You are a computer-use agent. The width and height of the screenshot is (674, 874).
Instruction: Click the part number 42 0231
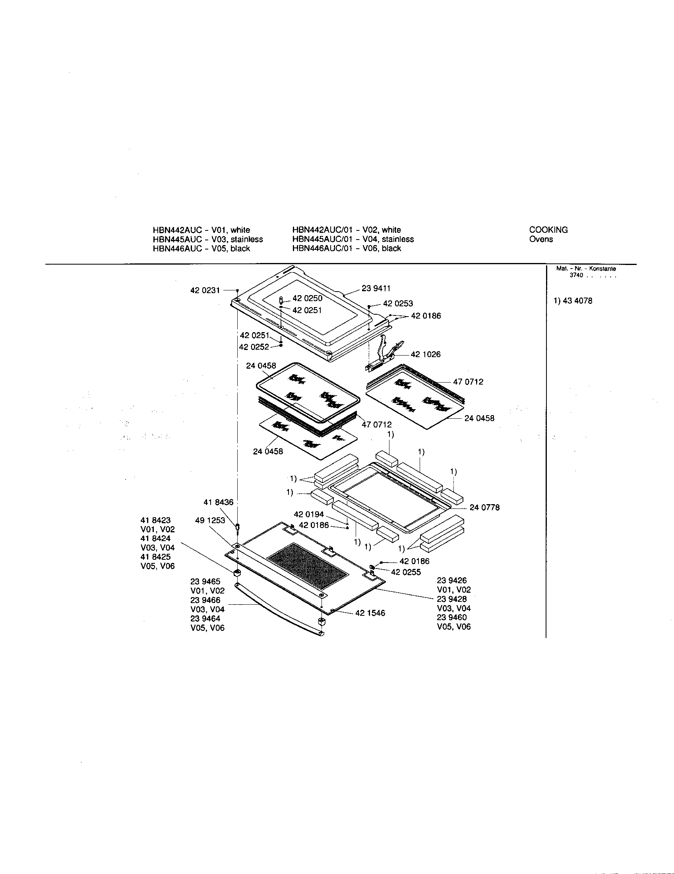pyautogui.click(x=205, y=290)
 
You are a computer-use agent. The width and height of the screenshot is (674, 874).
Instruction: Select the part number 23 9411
pyautogui.click(x=376, y=288)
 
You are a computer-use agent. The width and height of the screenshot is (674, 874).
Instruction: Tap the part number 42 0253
pyautogui.click(x=398, y=304)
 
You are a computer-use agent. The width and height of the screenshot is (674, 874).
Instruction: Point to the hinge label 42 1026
pyautogui.click(x=426, y=354)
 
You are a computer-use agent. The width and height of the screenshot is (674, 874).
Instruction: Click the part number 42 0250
pyautogui.click(x=307, y=298)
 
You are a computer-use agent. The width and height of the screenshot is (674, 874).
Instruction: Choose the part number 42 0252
pyautogui.click(x=254, y=347)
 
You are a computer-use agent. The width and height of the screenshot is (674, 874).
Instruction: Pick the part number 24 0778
pyautogui.click(x=484, y=507)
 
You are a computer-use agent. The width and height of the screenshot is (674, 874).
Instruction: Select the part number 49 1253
pyautogui.click(x=210, y=520)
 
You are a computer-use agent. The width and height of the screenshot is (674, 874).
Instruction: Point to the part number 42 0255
pyautogui.click(x=406, y=572)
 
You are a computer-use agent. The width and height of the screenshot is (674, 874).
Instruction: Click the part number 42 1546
pyautogui.click(x=370, y=613)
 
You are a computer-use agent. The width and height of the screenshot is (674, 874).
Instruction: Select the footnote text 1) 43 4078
pyautogui.click(x=573, y=301)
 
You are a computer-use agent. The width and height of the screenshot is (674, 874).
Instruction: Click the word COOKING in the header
pyautogui.click(x=548, y=230)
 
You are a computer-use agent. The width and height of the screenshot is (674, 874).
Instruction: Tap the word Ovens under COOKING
pyautogui.click(x=541, y=239)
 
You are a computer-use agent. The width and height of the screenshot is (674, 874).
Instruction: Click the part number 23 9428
pyautogui.click(x=451, y=599)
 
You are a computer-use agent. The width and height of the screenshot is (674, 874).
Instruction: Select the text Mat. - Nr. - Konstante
pyautogui.click(x=586, y=269)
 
